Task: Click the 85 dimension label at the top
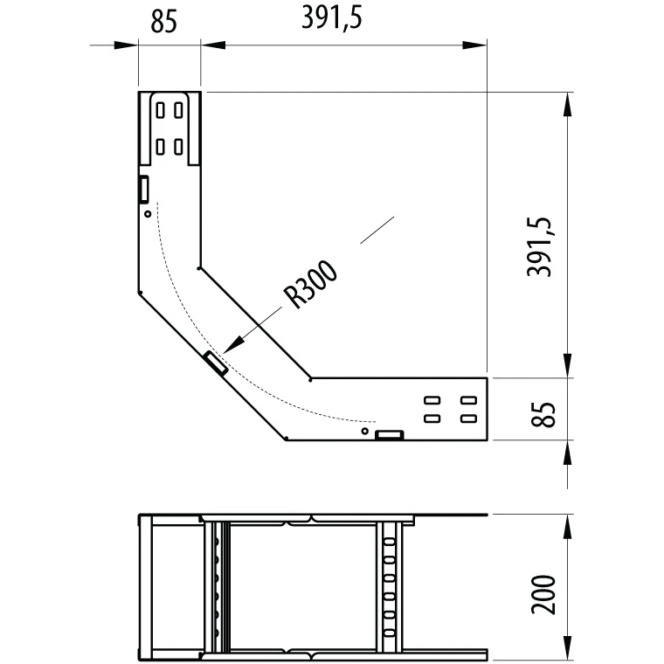[x=163, y=21]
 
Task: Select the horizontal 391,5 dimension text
[x=332, y=19]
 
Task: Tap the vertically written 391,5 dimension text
[x=540, y=246]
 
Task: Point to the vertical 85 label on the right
[x=543, y=414]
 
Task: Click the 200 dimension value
[x=543, y=594]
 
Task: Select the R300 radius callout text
[x=310, y=284]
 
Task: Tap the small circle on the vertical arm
[x=148, y=214]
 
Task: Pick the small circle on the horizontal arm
[x=364, y=431]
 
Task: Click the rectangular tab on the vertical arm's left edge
[x=144, y=189]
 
